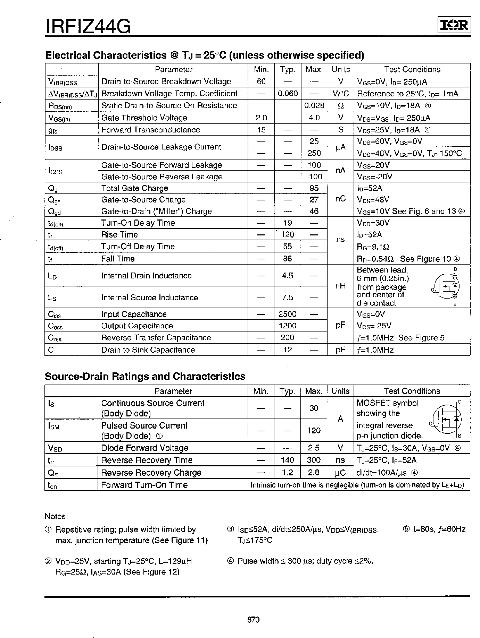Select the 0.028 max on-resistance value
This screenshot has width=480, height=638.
pyautogui.click(x=314, y=105)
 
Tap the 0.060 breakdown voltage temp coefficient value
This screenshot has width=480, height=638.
pyautogui.click(x=288, y=93)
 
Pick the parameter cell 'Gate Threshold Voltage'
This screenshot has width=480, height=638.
pyautogui.click(x=144, y=118)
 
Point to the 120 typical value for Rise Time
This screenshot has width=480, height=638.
pyautogui.click(x=288, y=235)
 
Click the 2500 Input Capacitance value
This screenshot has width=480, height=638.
pyautogui.click(x=288, y=314)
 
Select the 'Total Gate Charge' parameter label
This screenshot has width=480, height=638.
pyautogui.click(x=135, y=188)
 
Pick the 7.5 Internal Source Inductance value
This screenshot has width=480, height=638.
pyautogui.click(x=288, y=298)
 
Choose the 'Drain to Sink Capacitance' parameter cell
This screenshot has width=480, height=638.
pyautogui.click(x=148, y=350)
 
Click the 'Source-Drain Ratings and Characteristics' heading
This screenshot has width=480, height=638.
pyautogui.click(x=145, y=376)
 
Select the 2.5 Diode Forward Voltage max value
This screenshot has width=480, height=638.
pyautogui.click(x=314, y=448)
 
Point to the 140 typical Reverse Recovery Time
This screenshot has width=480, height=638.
pyautogui.click(x=288, y=460)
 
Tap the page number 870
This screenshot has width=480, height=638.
pyautogui.click(x=253, y=620)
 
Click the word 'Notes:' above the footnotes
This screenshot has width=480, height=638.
pyautogui.click(x=56, y=516)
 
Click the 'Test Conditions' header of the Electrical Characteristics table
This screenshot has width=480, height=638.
pyautogui.click(x=412, y=69)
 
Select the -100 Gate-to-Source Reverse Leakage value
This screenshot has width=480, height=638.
pyautogui.click(x=314, y=177)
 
